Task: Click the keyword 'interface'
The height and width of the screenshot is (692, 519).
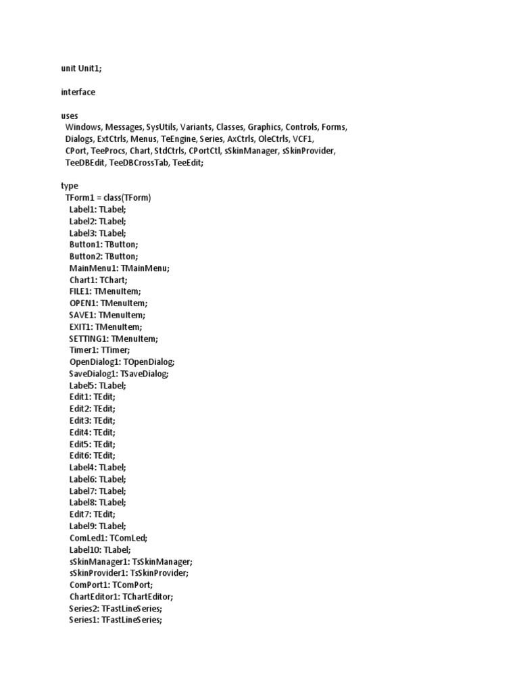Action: [78, 92]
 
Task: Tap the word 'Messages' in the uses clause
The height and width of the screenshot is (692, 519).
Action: [124, 127]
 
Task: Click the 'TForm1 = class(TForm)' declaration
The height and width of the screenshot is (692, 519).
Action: [108, 198]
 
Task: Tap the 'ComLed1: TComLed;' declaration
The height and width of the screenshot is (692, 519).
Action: [108, 538]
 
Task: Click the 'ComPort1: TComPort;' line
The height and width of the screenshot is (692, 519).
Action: [111, 585]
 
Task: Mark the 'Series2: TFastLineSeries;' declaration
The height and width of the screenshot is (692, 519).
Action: [116, 608]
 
